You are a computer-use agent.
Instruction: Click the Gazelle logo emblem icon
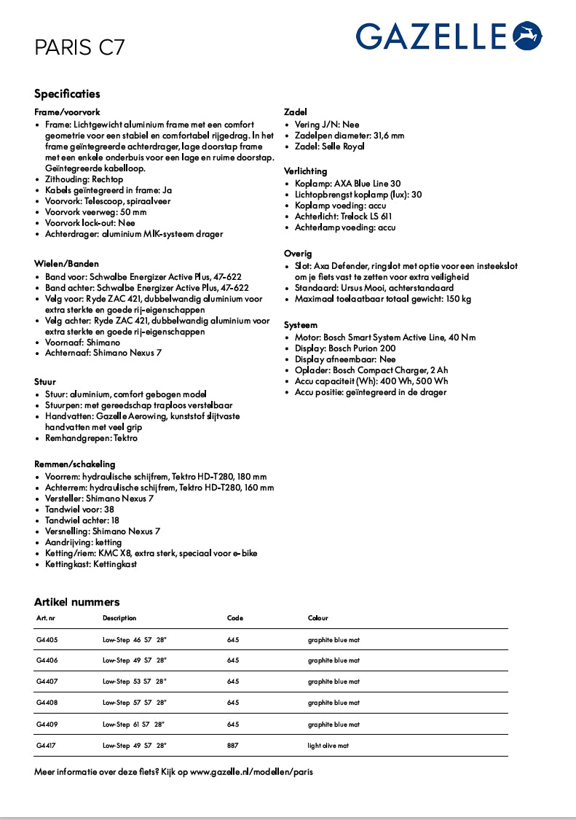coord(528,36)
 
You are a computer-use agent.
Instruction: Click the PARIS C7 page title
coord(79,48)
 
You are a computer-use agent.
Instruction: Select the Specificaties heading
coord(67,94)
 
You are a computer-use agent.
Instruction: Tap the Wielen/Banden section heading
coord(66,263)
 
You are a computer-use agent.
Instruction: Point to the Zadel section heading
coord(295,112)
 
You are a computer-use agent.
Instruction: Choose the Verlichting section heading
coord(305,171)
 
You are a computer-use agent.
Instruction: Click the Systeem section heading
coord(300,324)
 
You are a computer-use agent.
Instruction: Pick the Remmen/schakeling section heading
coord(74,464)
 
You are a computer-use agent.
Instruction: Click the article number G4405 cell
coord(47,640)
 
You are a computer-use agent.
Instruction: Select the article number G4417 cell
coord(47,746)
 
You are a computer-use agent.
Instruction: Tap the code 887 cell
coord(233,746)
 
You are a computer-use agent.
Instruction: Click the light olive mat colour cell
coord(328,746)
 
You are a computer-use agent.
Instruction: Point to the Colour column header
coord(318,618)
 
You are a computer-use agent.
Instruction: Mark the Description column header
coord(119,618)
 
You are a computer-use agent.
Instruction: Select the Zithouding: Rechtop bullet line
coord(84,179)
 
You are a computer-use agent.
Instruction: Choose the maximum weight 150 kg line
coord(382,299)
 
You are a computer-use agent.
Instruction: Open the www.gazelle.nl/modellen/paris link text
coord(251,771)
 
